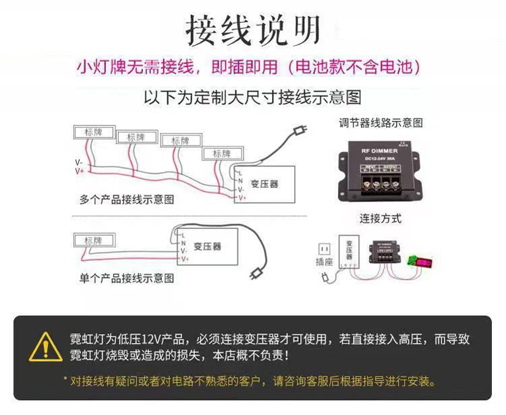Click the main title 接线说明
(x=253, y=30)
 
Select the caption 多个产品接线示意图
(x=127, y=199)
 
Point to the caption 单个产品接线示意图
(x=127, y=278)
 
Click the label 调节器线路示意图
(x=381, y=123)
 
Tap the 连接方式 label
(x=381, y=218)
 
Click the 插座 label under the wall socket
(x=324, y=261)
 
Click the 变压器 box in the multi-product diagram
(x=264, y=184)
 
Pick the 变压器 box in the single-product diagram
(x=208, y=247)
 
